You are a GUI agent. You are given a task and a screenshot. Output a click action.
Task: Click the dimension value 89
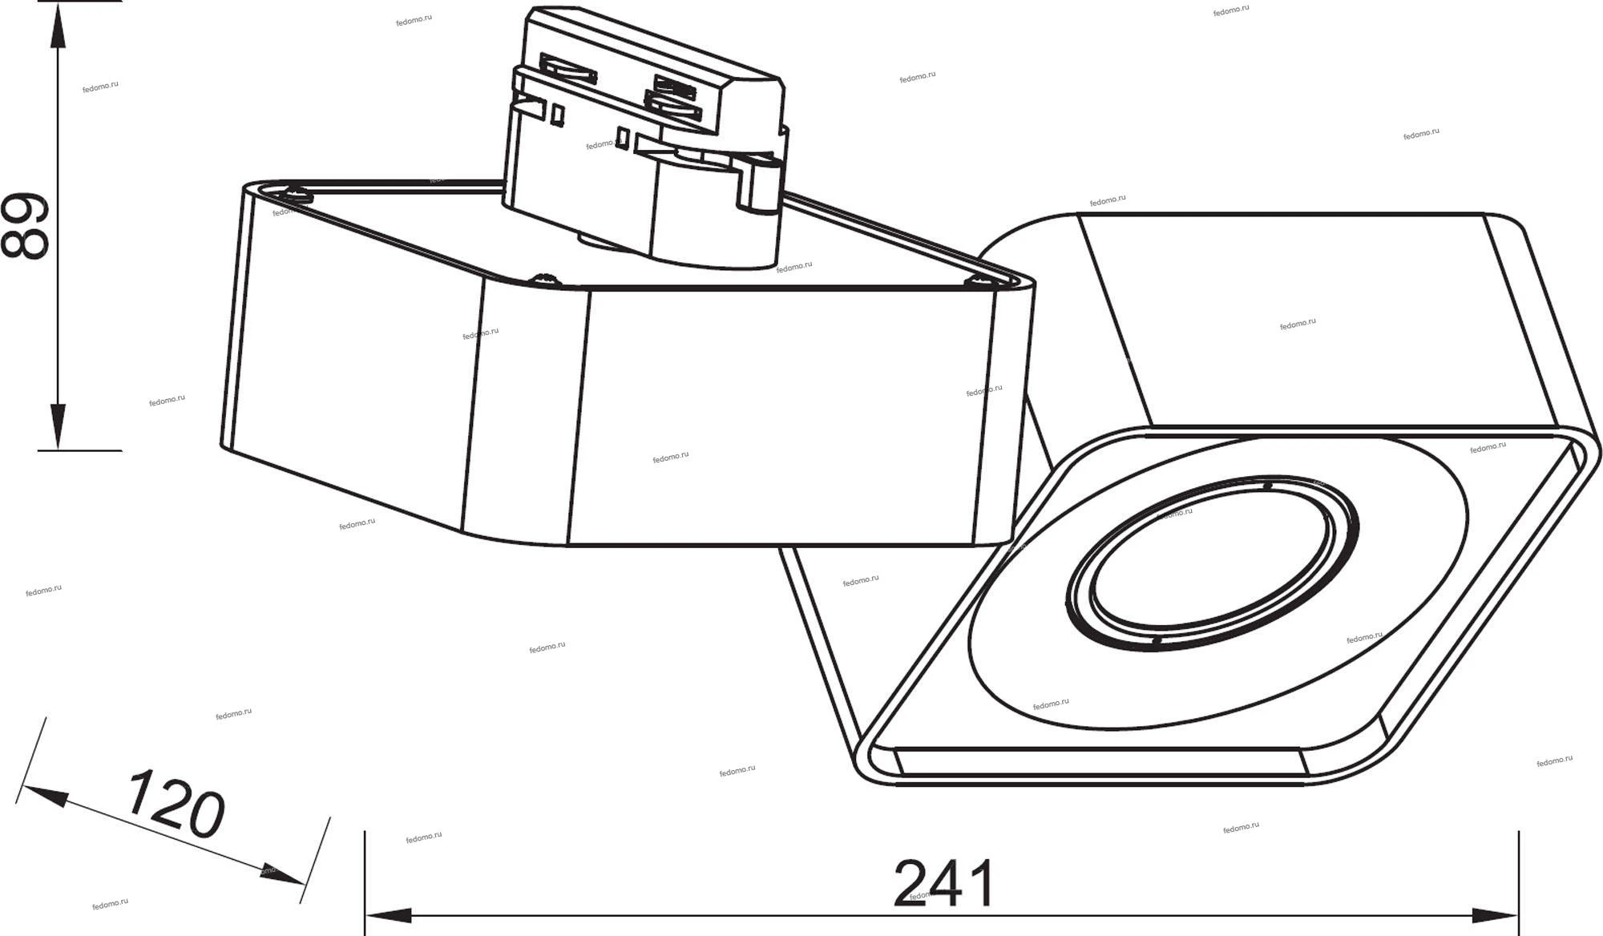pos(24,226)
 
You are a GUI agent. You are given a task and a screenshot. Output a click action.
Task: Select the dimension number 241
pos(944,883)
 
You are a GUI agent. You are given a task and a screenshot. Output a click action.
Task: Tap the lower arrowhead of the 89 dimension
pos(58,426)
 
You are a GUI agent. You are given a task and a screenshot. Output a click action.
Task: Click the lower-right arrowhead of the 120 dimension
pos(282,875)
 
